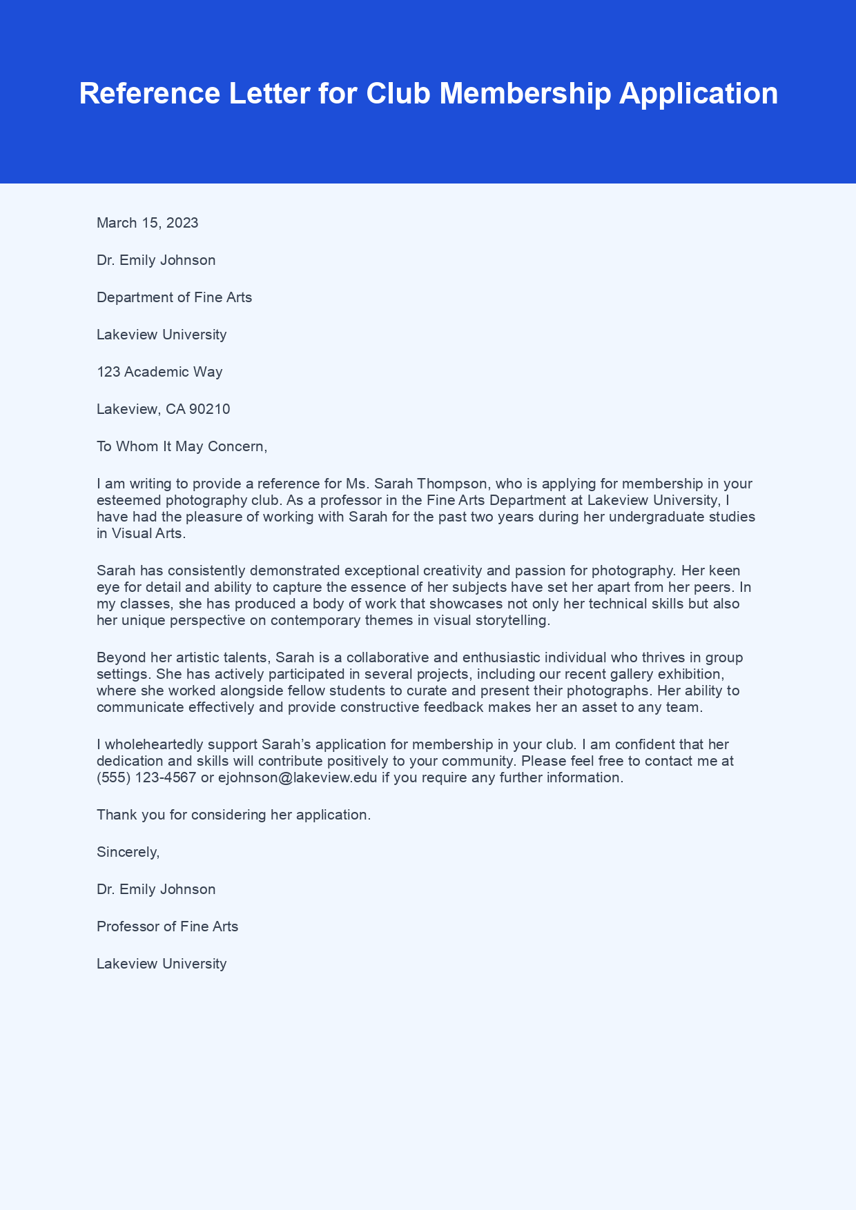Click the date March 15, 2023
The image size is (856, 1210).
pyautogui.click(x=147, y=223)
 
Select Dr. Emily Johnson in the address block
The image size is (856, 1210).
pyautogui.click(x=156, y=260)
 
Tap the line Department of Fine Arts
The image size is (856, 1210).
pyautogui.click(x=174, y=297)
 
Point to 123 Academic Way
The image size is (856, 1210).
pyautogui.click(x=159, y=372)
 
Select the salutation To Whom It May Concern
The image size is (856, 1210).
pyautogui.click(x=181, y=446)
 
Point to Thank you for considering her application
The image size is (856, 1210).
pyautogui.click(x=233, y=815)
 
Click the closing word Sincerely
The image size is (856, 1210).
pyautogui.click(x=128, y=852)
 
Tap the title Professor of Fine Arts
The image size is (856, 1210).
pyautogui.click(x=167, y=926)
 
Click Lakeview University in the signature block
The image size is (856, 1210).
pyautogui.click(x=162, y=964)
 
